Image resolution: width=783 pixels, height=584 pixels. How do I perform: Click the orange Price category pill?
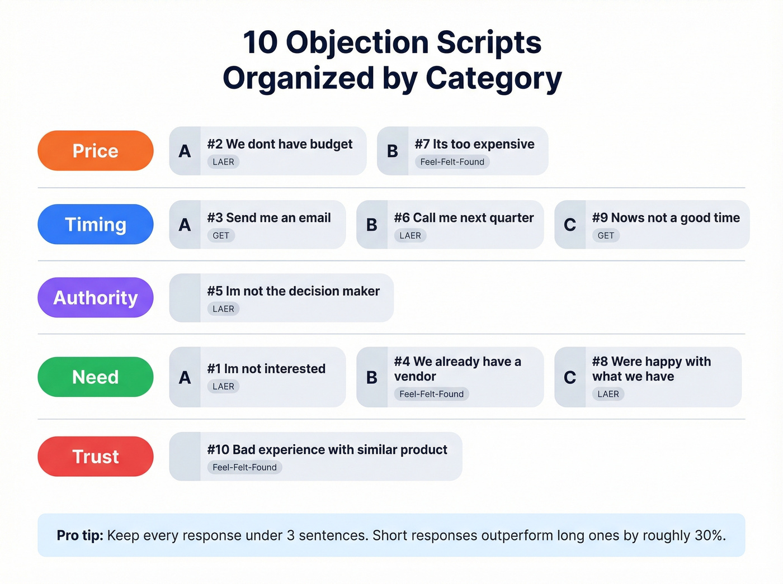96,151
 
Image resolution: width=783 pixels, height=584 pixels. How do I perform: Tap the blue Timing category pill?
96,225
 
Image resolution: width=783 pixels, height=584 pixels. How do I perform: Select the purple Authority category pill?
96,298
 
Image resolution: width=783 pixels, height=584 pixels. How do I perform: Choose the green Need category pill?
96,377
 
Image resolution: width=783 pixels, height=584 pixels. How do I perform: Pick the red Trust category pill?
96,457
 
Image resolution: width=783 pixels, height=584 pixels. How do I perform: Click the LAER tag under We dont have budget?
223,162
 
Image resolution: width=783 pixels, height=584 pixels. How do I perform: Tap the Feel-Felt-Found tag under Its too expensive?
452,162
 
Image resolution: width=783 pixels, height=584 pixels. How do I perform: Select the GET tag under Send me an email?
221,236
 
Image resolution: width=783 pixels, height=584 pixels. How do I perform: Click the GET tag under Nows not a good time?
606,236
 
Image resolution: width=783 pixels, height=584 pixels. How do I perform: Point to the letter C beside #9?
570,225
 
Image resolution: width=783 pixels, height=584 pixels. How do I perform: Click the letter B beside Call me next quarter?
372,225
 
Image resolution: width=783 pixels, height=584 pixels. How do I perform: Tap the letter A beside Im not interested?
185,378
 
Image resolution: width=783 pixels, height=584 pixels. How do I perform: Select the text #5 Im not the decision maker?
293,291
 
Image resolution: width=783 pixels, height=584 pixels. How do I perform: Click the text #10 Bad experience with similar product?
327,450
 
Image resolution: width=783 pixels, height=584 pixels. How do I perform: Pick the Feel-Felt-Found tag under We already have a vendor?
431,394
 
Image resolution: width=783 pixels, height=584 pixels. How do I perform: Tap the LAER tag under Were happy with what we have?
608,394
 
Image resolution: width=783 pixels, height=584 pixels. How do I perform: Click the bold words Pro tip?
79,535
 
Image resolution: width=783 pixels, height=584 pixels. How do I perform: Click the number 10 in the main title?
260,42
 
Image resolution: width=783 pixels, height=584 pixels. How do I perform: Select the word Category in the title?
493,78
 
